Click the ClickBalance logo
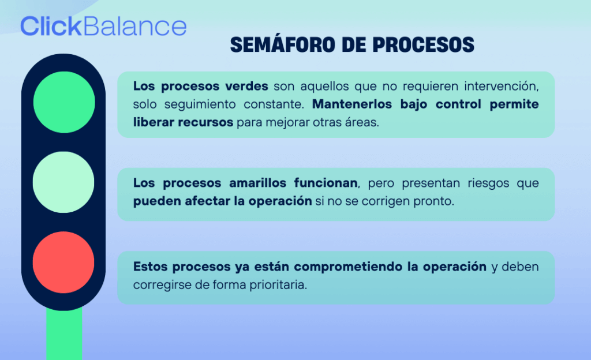point(103,26)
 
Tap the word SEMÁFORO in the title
point(282,44)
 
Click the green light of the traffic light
point(64,102)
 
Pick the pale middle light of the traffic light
point(63,182)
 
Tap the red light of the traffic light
point(63,262)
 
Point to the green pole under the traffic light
point(64,333)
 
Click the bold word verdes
point(246,86)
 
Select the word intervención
point(502,86)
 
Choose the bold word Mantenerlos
point(352,104)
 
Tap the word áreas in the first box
point(362,122)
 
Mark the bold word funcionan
point(326,183)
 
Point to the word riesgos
point(488,183)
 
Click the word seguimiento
point(200,104)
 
